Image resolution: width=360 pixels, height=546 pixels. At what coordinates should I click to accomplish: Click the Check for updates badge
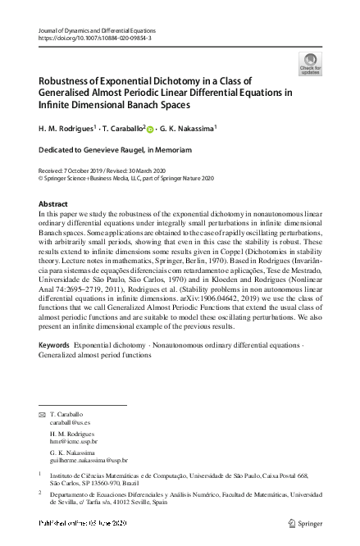311,64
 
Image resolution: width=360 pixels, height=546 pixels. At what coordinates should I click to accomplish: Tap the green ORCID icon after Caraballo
151,129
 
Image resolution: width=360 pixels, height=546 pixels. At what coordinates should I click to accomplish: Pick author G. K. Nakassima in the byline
195,129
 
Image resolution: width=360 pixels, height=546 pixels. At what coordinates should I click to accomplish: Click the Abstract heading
53,203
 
